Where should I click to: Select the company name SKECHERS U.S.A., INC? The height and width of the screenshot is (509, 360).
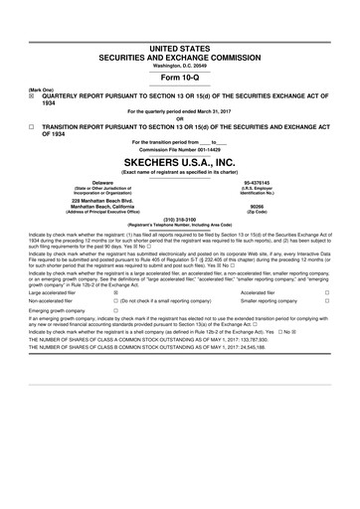pos(180,161)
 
